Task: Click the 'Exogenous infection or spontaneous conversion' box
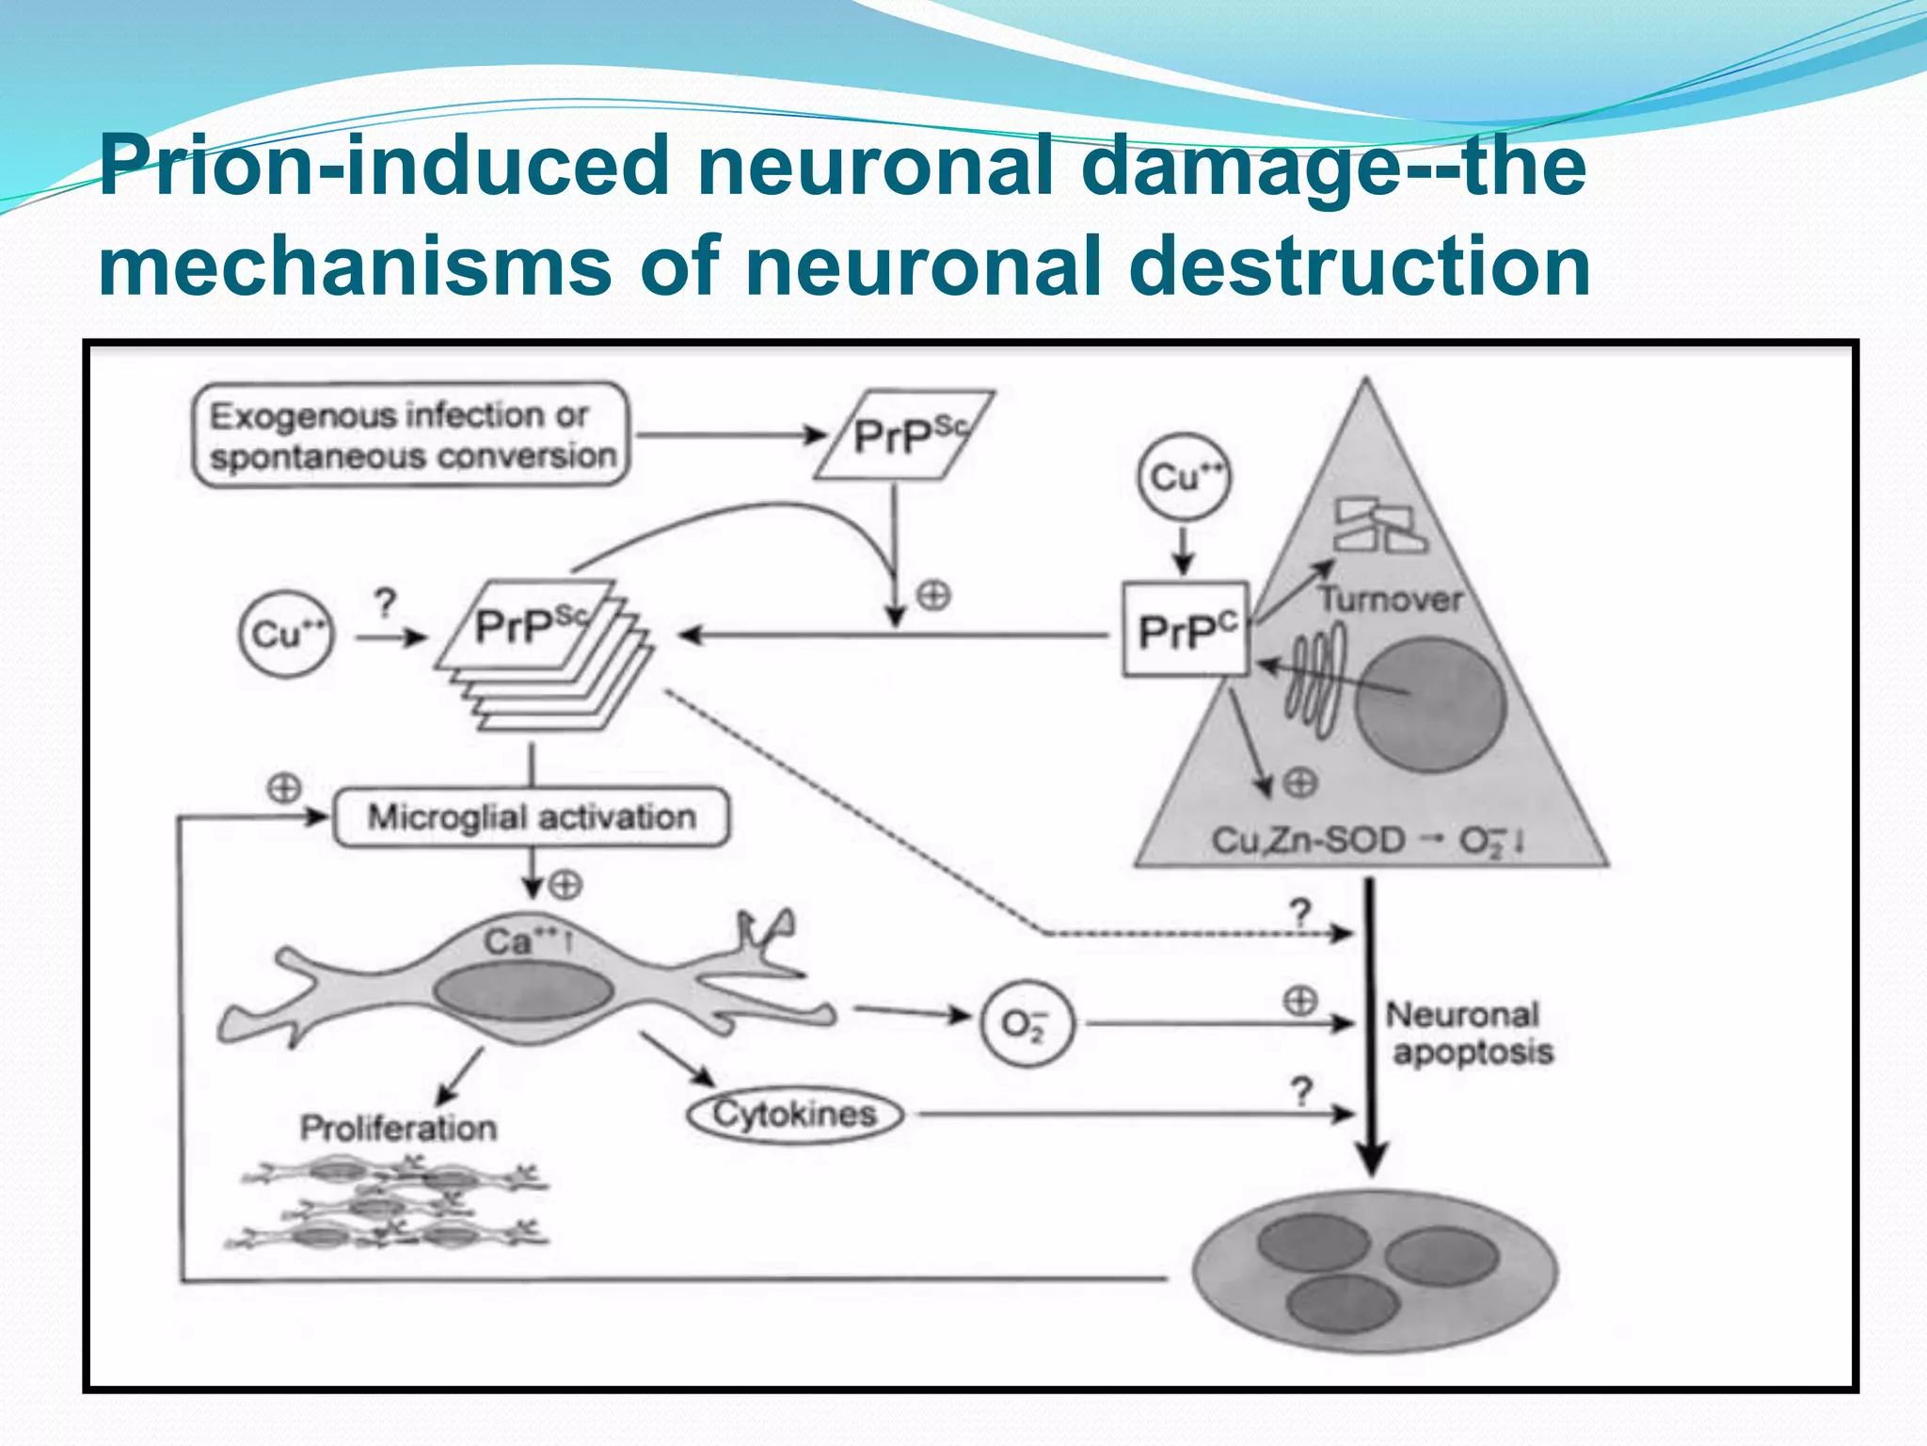pyautogui.click(x=410, y=435)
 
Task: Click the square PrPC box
pyautogui.click(x=1185, y=630)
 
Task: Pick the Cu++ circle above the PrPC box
pyautogui.click(x=1184, y=476)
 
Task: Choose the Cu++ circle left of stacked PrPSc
pyautogui.click(x=286, y=634)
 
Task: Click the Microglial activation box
pyautogui.click(x=532, y=817)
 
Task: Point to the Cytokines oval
pyautogui.click(x=795, y=1115)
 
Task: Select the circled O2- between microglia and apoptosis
pyautogui.click(x=1026, y=1023)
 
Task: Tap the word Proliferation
pyautogui.click(x=398, y=1127)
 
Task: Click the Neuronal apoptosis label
pyautogui.click(x=1468, y=1033)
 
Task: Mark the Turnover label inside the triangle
pyautogui.click(x=1390, y=599)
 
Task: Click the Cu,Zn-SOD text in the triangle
pyautogui.click(x=1308, y=840)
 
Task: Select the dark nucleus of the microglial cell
pyautogui.click(x=523, y=991)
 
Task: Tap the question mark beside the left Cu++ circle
pyautogui.click(x=385, y=603)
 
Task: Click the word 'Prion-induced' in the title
pyautogui.click(x=384, y=167)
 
